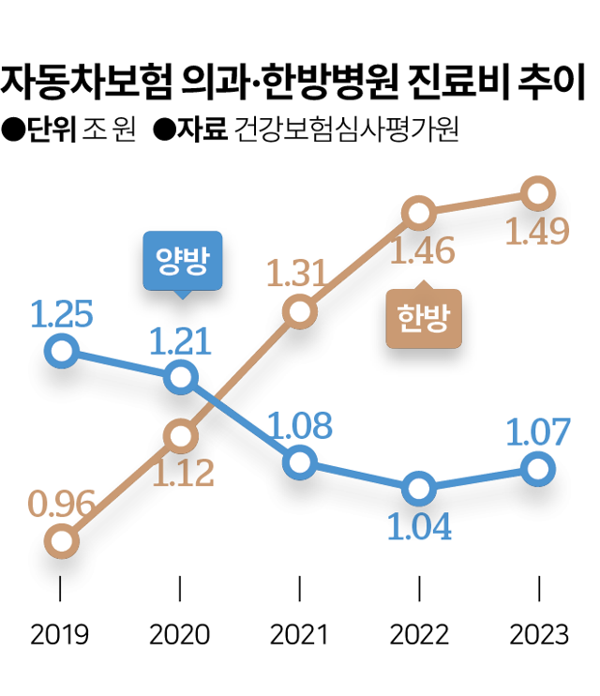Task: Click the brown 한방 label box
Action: pos(424,319)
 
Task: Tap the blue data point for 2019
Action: pos(61,351)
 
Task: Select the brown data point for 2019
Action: pos(61,541)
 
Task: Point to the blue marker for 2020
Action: pos(180,378)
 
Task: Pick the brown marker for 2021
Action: pos(299,311)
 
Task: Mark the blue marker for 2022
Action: pos(419,489)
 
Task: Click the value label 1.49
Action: pos(537,232)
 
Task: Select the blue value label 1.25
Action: pos(61,315)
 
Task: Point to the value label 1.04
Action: pos(419,527)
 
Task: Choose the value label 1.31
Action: pos(299,274)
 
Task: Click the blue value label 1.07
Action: pos(537,432)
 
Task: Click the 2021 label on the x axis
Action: pos(299,635)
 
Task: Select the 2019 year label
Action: pos(61,635)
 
